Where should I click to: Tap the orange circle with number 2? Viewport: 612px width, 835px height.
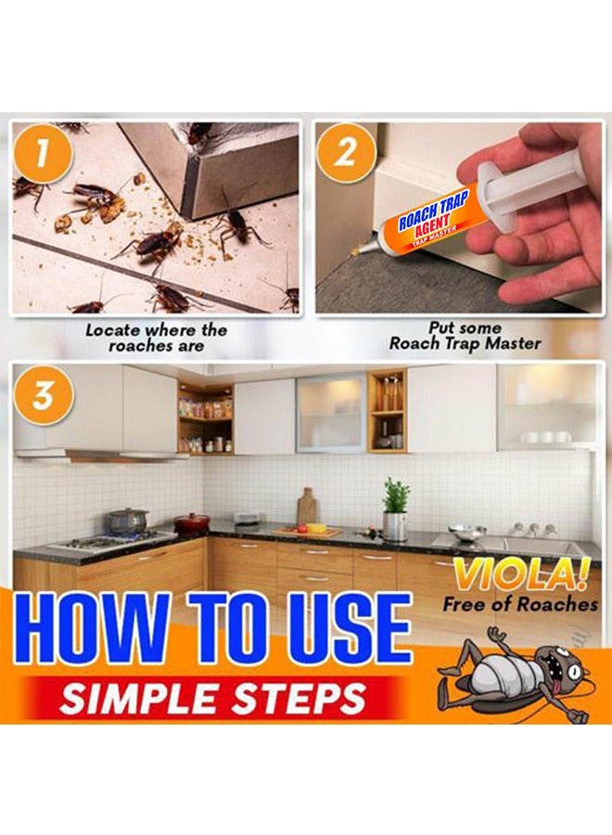click(x=345, y=150)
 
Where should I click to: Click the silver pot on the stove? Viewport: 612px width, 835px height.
click(x=126, y=520)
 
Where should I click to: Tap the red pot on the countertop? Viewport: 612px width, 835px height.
click(x=191, y=522)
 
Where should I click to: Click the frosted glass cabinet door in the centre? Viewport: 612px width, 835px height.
click(x=330, y=413)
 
